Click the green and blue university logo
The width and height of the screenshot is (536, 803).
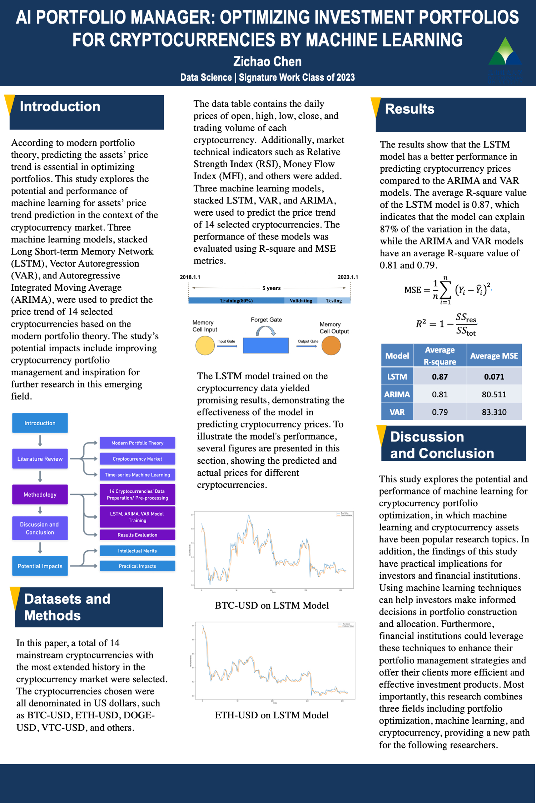505,59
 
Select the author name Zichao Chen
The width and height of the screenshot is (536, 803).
267,62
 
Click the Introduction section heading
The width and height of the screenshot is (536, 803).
60,107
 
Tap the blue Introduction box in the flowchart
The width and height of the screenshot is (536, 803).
40,423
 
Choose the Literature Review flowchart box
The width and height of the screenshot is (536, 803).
40,459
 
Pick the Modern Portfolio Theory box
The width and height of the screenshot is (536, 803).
137,443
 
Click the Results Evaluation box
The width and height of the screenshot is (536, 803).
137,535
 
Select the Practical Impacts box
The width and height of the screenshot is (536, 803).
137,566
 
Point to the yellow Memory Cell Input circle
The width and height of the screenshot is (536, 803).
205,346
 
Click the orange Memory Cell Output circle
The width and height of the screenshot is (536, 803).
331,346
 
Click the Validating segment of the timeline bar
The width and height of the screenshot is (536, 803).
301,301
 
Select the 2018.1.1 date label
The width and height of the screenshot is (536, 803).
190,277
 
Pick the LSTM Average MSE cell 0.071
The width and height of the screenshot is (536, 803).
494,377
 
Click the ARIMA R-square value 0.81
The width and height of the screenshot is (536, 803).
440,395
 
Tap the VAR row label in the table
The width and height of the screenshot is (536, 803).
397,412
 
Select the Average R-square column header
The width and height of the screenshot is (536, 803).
440,356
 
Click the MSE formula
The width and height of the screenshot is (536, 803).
447,290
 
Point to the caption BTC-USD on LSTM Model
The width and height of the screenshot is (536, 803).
272,606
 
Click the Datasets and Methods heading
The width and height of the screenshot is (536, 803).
67,607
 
